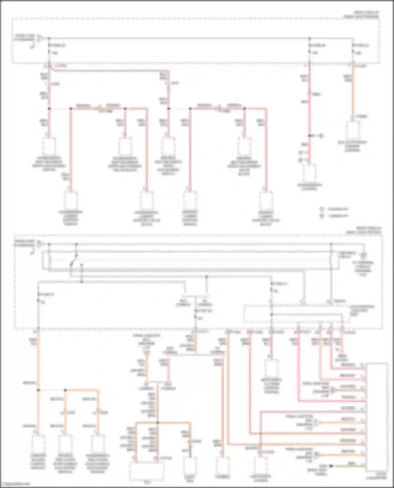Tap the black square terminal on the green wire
point(331,466)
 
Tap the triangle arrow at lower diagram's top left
point(40,244)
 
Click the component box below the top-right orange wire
point(352,130)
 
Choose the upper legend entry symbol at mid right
point(322,209)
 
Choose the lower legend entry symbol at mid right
point(322,216)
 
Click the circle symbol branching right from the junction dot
point(321,136)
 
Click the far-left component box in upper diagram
point(49,146)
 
